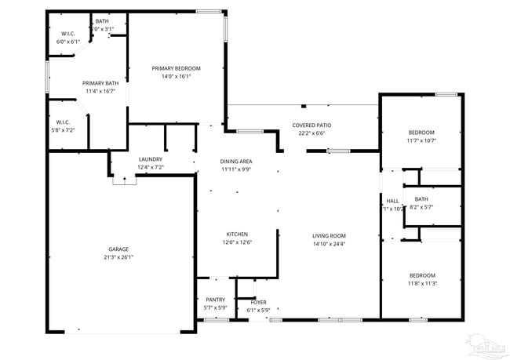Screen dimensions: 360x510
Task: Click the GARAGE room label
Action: click(x=118, y=249)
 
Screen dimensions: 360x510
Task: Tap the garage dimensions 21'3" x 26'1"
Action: click(x=118, y=259)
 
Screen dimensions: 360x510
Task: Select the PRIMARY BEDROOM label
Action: click(x=177, y=68)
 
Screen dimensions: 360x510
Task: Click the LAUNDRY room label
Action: click(x=150, y=159)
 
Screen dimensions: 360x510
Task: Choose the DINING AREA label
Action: click(x=236, y=161)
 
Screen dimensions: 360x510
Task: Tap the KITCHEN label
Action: click(x=237, y=235)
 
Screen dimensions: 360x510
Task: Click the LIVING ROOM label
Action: click(x=329, y=235)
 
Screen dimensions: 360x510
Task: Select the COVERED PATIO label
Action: click(x=311, y=125)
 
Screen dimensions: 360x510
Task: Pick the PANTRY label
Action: click(x=215, y=300)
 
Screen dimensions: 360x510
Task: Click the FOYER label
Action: click(x=258, y=302)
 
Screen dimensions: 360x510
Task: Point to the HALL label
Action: click(x=392, y=201)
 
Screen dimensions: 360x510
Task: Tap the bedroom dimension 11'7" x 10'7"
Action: click(x=421, y=141)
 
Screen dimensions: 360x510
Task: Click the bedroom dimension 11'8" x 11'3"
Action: click(x=421, y=284)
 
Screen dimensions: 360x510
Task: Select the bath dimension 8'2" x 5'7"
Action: click(x=421, y=208)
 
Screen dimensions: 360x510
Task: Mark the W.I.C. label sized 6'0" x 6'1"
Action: click(x=68, y=42)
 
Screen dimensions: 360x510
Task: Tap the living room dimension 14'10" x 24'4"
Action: click(x=329, y=244)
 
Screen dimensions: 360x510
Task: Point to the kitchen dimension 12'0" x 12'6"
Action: click(x=237, y=243)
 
